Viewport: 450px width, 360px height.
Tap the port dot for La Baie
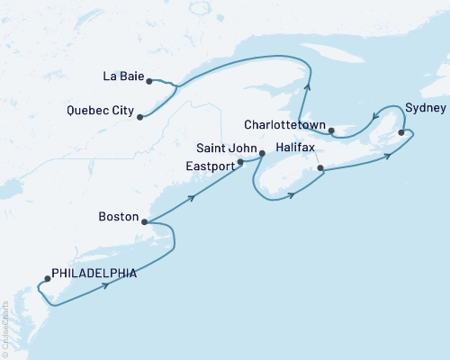pos(148,80)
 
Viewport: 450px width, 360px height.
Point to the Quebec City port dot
pos(139,116)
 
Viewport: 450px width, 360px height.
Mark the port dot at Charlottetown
pos(331,131)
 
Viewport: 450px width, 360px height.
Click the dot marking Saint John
pos(261,153)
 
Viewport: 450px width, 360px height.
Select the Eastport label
pos(211,165)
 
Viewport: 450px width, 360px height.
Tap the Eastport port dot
pos(240,163)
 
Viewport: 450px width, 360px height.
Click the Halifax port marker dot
pos(320,168)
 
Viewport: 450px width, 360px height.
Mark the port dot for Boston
pos(144,220)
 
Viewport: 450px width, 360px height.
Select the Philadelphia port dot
pos(47,278)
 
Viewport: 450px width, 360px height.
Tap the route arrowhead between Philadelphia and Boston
pos(107,285)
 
